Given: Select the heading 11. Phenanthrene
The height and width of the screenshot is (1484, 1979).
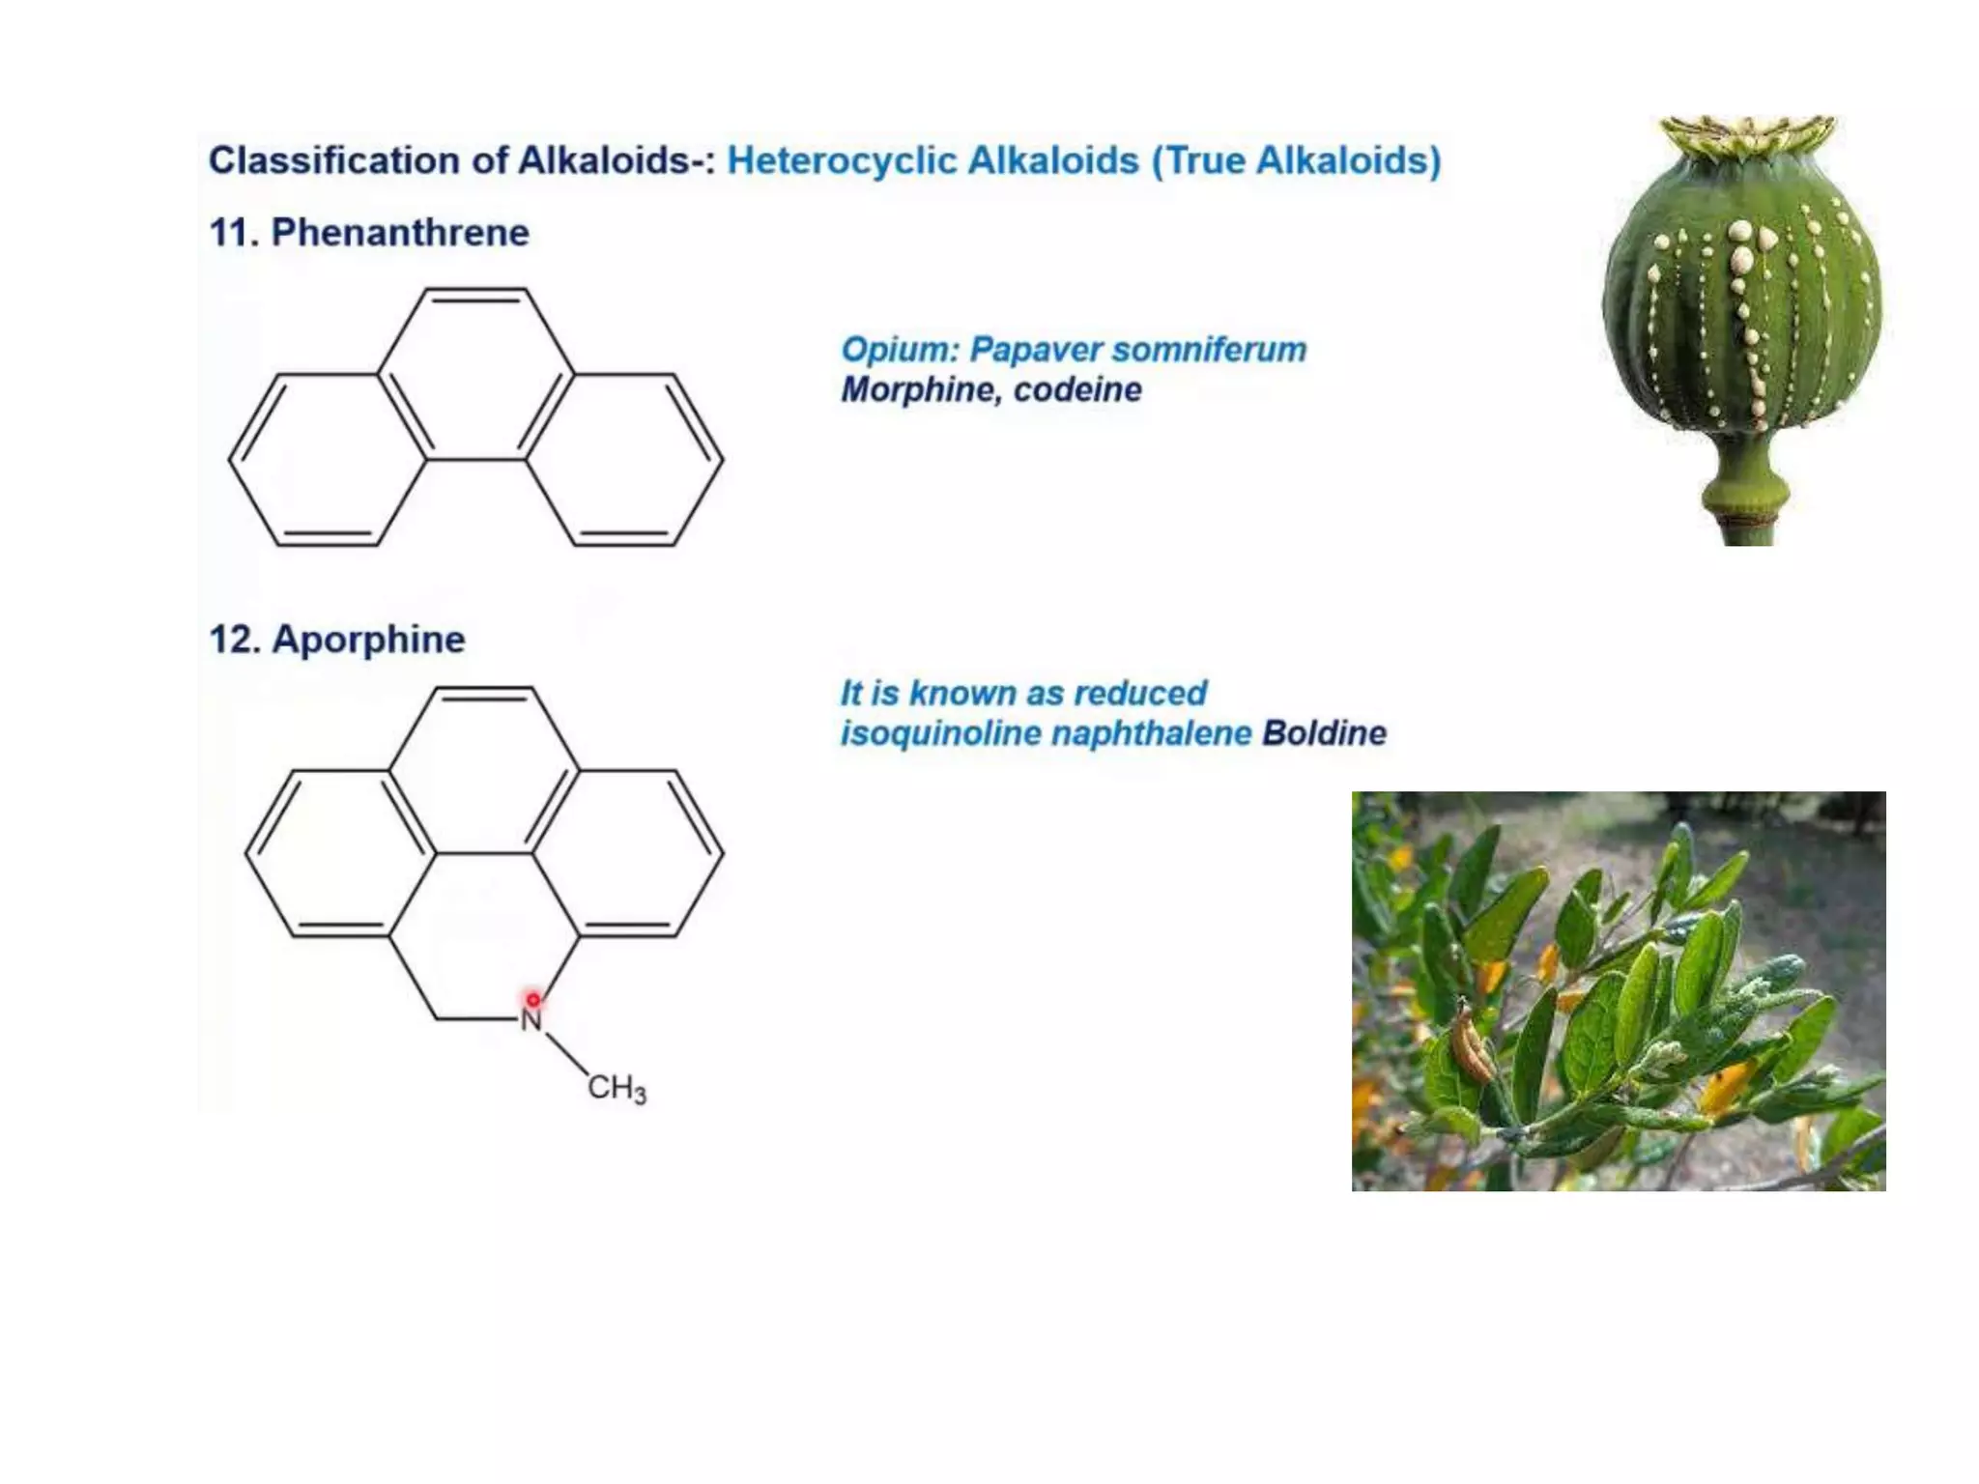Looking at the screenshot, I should (369, 233).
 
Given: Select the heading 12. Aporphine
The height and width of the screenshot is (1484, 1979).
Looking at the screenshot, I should (337, 640).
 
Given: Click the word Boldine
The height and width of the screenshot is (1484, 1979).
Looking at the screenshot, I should (1324, 733).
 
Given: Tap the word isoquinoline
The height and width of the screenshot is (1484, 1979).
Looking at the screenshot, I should (939, 733).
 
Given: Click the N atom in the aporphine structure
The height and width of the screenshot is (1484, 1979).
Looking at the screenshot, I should (531, 1020).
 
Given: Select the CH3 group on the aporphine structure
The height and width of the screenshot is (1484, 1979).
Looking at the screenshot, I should (617, 1088).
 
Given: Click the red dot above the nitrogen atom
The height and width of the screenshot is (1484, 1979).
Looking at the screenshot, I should (532, 999).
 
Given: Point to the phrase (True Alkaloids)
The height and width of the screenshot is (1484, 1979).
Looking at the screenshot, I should (1296, 160).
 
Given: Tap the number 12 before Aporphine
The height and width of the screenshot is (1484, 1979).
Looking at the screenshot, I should (230, 640).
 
